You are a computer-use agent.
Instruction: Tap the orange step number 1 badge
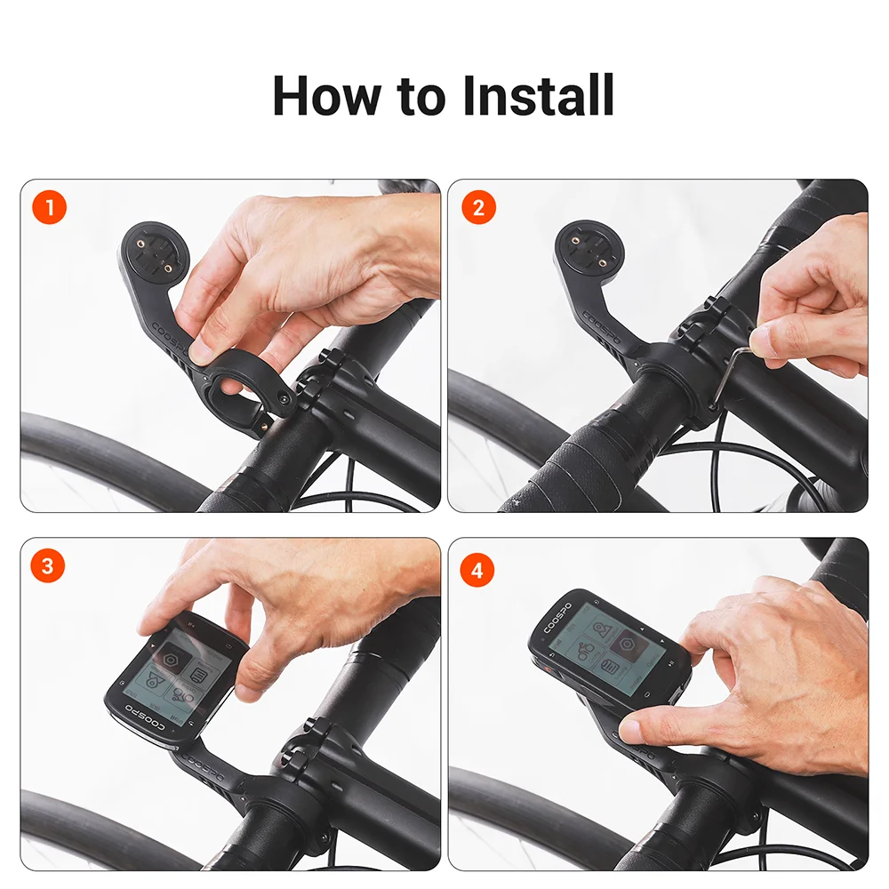pyautogui.click(x=49, y=209)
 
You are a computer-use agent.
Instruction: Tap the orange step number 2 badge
pyautogui.click(x=478, y=209)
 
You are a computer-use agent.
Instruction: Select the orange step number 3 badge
pyautogui.click(x=49, y=566)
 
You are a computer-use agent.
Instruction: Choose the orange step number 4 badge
pyautogui.click(x=478, y=570)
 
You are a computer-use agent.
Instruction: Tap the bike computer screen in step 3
pyautogui.click(x=178, y=676)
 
